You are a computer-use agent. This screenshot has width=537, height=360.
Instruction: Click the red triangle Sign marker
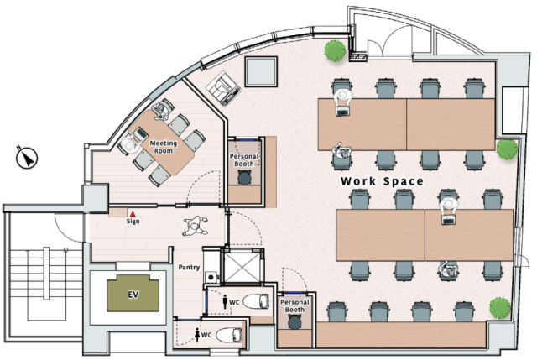(133, 214)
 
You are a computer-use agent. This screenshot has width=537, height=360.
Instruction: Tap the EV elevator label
(133, 295)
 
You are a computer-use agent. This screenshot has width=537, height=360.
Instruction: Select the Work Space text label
(382, 181)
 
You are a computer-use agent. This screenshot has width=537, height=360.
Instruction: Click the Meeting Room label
(164, 147)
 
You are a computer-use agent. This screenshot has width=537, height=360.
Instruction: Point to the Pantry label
(189, 267)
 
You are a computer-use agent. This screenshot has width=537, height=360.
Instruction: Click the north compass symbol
(27, 158)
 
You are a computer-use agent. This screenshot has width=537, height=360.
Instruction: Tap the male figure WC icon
(225, 302)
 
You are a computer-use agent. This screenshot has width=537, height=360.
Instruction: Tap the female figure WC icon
(197, 335)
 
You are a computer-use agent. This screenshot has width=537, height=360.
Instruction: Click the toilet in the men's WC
(256, 302)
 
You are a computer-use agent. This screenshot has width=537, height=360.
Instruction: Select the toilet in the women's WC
(229, 335)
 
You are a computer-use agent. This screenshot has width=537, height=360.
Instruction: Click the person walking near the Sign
(195, 226)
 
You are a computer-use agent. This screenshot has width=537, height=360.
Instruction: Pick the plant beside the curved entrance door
(336, 50)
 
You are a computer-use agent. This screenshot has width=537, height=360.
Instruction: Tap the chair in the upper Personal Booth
(244, 177)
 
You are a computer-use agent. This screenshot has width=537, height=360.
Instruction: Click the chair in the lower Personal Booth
(295, 321)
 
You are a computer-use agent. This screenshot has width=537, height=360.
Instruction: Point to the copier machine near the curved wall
(224, 88)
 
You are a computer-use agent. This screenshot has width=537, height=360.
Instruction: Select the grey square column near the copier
(261, 71)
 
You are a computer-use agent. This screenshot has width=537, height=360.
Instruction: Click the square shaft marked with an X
(242, 267)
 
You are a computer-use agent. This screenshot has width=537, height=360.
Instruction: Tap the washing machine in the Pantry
(211, 277)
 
